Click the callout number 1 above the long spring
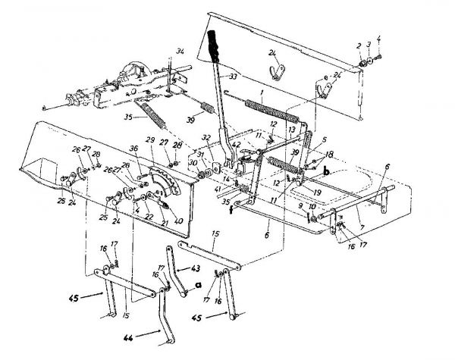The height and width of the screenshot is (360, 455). [x=262, y=95]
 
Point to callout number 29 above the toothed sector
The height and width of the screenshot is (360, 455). [x=150, y=142]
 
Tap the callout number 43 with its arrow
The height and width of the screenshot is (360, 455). [x=196, y=270]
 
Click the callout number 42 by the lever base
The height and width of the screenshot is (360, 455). [x=236, y=144]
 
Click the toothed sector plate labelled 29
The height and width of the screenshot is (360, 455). [x=163, y=182]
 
